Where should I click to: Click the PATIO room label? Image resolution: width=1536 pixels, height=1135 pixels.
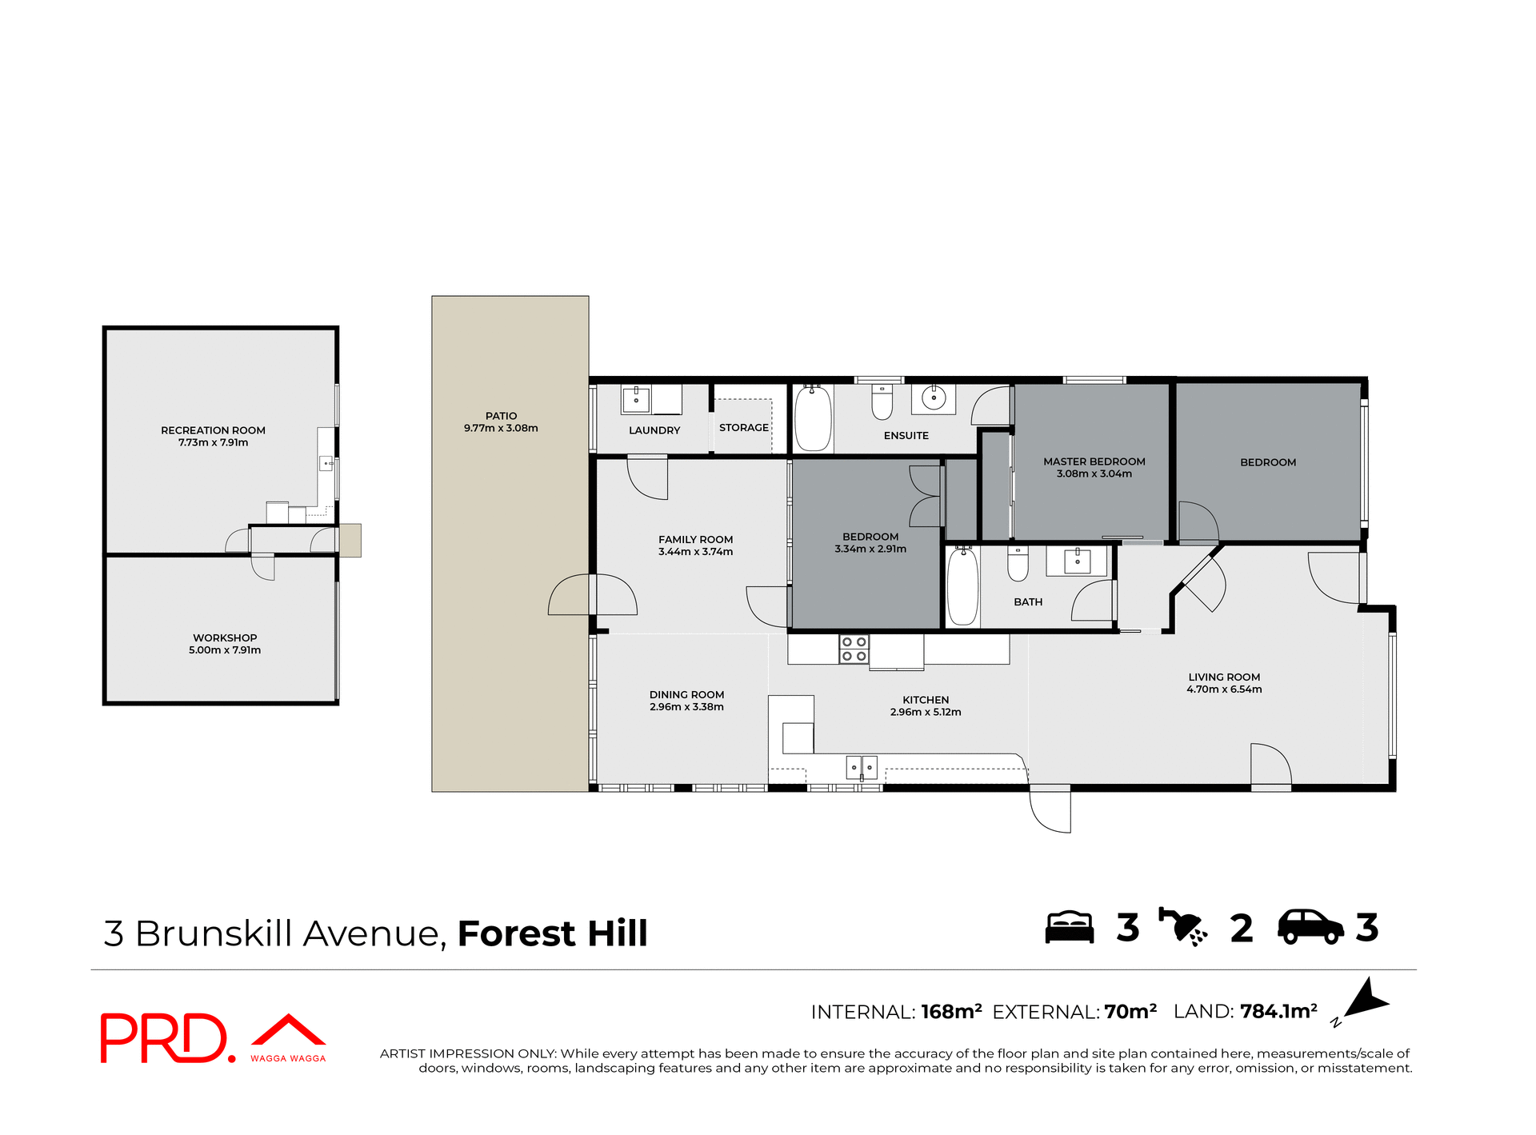point(501,416)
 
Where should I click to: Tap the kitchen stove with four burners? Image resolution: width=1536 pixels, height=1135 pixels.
point(854,649)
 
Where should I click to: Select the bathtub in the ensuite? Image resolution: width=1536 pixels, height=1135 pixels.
point(813,418)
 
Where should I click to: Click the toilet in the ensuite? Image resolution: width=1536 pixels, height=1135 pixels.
point(882,402)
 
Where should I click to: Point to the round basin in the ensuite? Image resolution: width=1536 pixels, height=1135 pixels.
point(933,398)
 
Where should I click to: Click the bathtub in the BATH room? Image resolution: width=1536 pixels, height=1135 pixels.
point(962,587)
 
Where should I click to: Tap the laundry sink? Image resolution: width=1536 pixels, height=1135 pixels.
point(636,399)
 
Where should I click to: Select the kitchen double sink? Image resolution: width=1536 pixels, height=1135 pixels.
point(862,767)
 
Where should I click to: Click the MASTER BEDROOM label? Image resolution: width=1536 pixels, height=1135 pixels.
point(1094,462)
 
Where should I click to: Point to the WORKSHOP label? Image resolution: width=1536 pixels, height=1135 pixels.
point(225,637)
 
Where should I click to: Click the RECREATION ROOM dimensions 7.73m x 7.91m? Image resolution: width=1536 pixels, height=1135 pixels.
point(213,442)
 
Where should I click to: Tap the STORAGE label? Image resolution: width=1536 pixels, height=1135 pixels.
point(743,428)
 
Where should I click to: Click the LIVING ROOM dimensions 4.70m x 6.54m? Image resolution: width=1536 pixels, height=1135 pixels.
point(1224,689)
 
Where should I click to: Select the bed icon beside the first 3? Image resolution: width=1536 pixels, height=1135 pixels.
point(1070,928)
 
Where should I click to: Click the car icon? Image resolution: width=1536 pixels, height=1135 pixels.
point(1310,928)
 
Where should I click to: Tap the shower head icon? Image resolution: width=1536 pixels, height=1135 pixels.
point(1183,928)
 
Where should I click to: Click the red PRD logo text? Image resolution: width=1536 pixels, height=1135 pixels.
point(165,1038)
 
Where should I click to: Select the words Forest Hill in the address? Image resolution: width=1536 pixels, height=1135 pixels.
point(552,933)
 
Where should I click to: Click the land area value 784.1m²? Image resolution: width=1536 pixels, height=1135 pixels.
point(1278,1012)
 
